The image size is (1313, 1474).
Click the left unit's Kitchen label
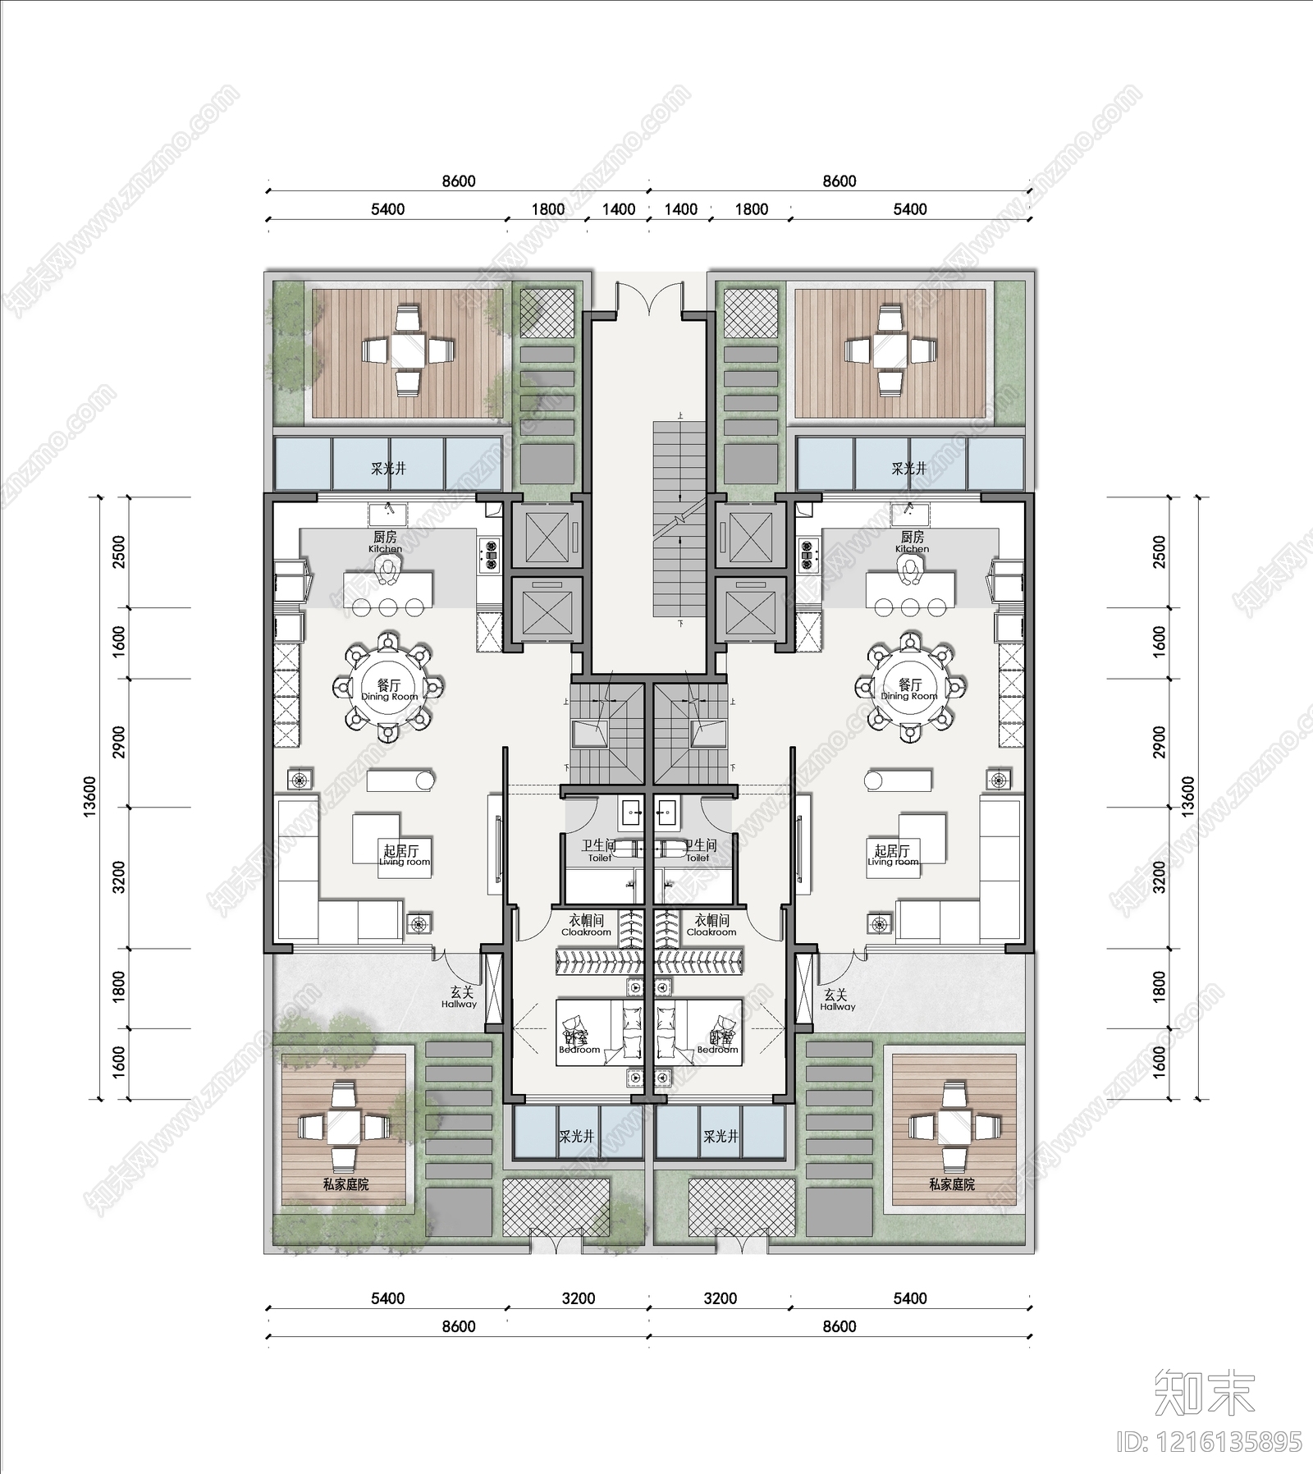click(x=385, y=542)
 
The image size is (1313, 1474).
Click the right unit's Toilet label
click(x=699, y=850)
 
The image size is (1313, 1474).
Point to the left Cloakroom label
click(x=586, y=926)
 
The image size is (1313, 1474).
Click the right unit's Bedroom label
click(x=718, y=1043)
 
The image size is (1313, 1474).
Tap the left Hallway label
click(x=459, y=998)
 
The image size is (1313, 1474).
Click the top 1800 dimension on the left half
click(x=547, y=209)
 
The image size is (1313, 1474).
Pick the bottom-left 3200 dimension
click(x=578, y=1298)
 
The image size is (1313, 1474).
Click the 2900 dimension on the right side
click(x=1159, y=742)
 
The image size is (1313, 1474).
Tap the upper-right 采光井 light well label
click(x=908, y=469)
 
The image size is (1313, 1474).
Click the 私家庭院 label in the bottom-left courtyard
click(x=345, y=1184)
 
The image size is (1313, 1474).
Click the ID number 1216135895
click(x=1210, y=1442)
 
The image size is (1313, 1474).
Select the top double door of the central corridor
click(x=650, y=297)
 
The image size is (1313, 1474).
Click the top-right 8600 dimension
click(x=839, y=181)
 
